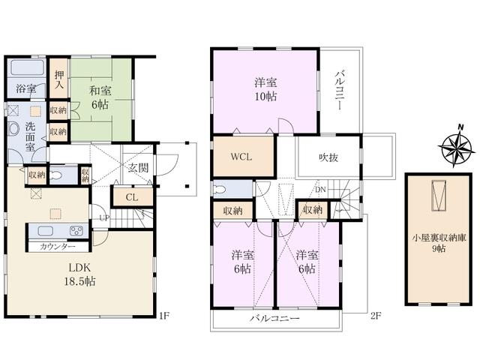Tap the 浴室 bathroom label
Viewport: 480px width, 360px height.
click(26, 89)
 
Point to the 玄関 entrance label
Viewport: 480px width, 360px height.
click(137, 167)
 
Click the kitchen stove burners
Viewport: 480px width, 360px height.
click(76, 230)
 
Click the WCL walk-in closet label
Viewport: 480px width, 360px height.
click(241, 158)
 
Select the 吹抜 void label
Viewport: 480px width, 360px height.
click(324, 158)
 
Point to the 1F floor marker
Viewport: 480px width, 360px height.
click(166, 316)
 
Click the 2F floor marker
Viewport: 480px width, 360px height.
click(376, 316)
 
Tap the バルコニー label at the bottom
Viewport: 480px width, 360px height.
click(274, 319)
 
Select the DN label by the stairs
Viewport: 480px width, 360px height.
click(320, 190)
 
